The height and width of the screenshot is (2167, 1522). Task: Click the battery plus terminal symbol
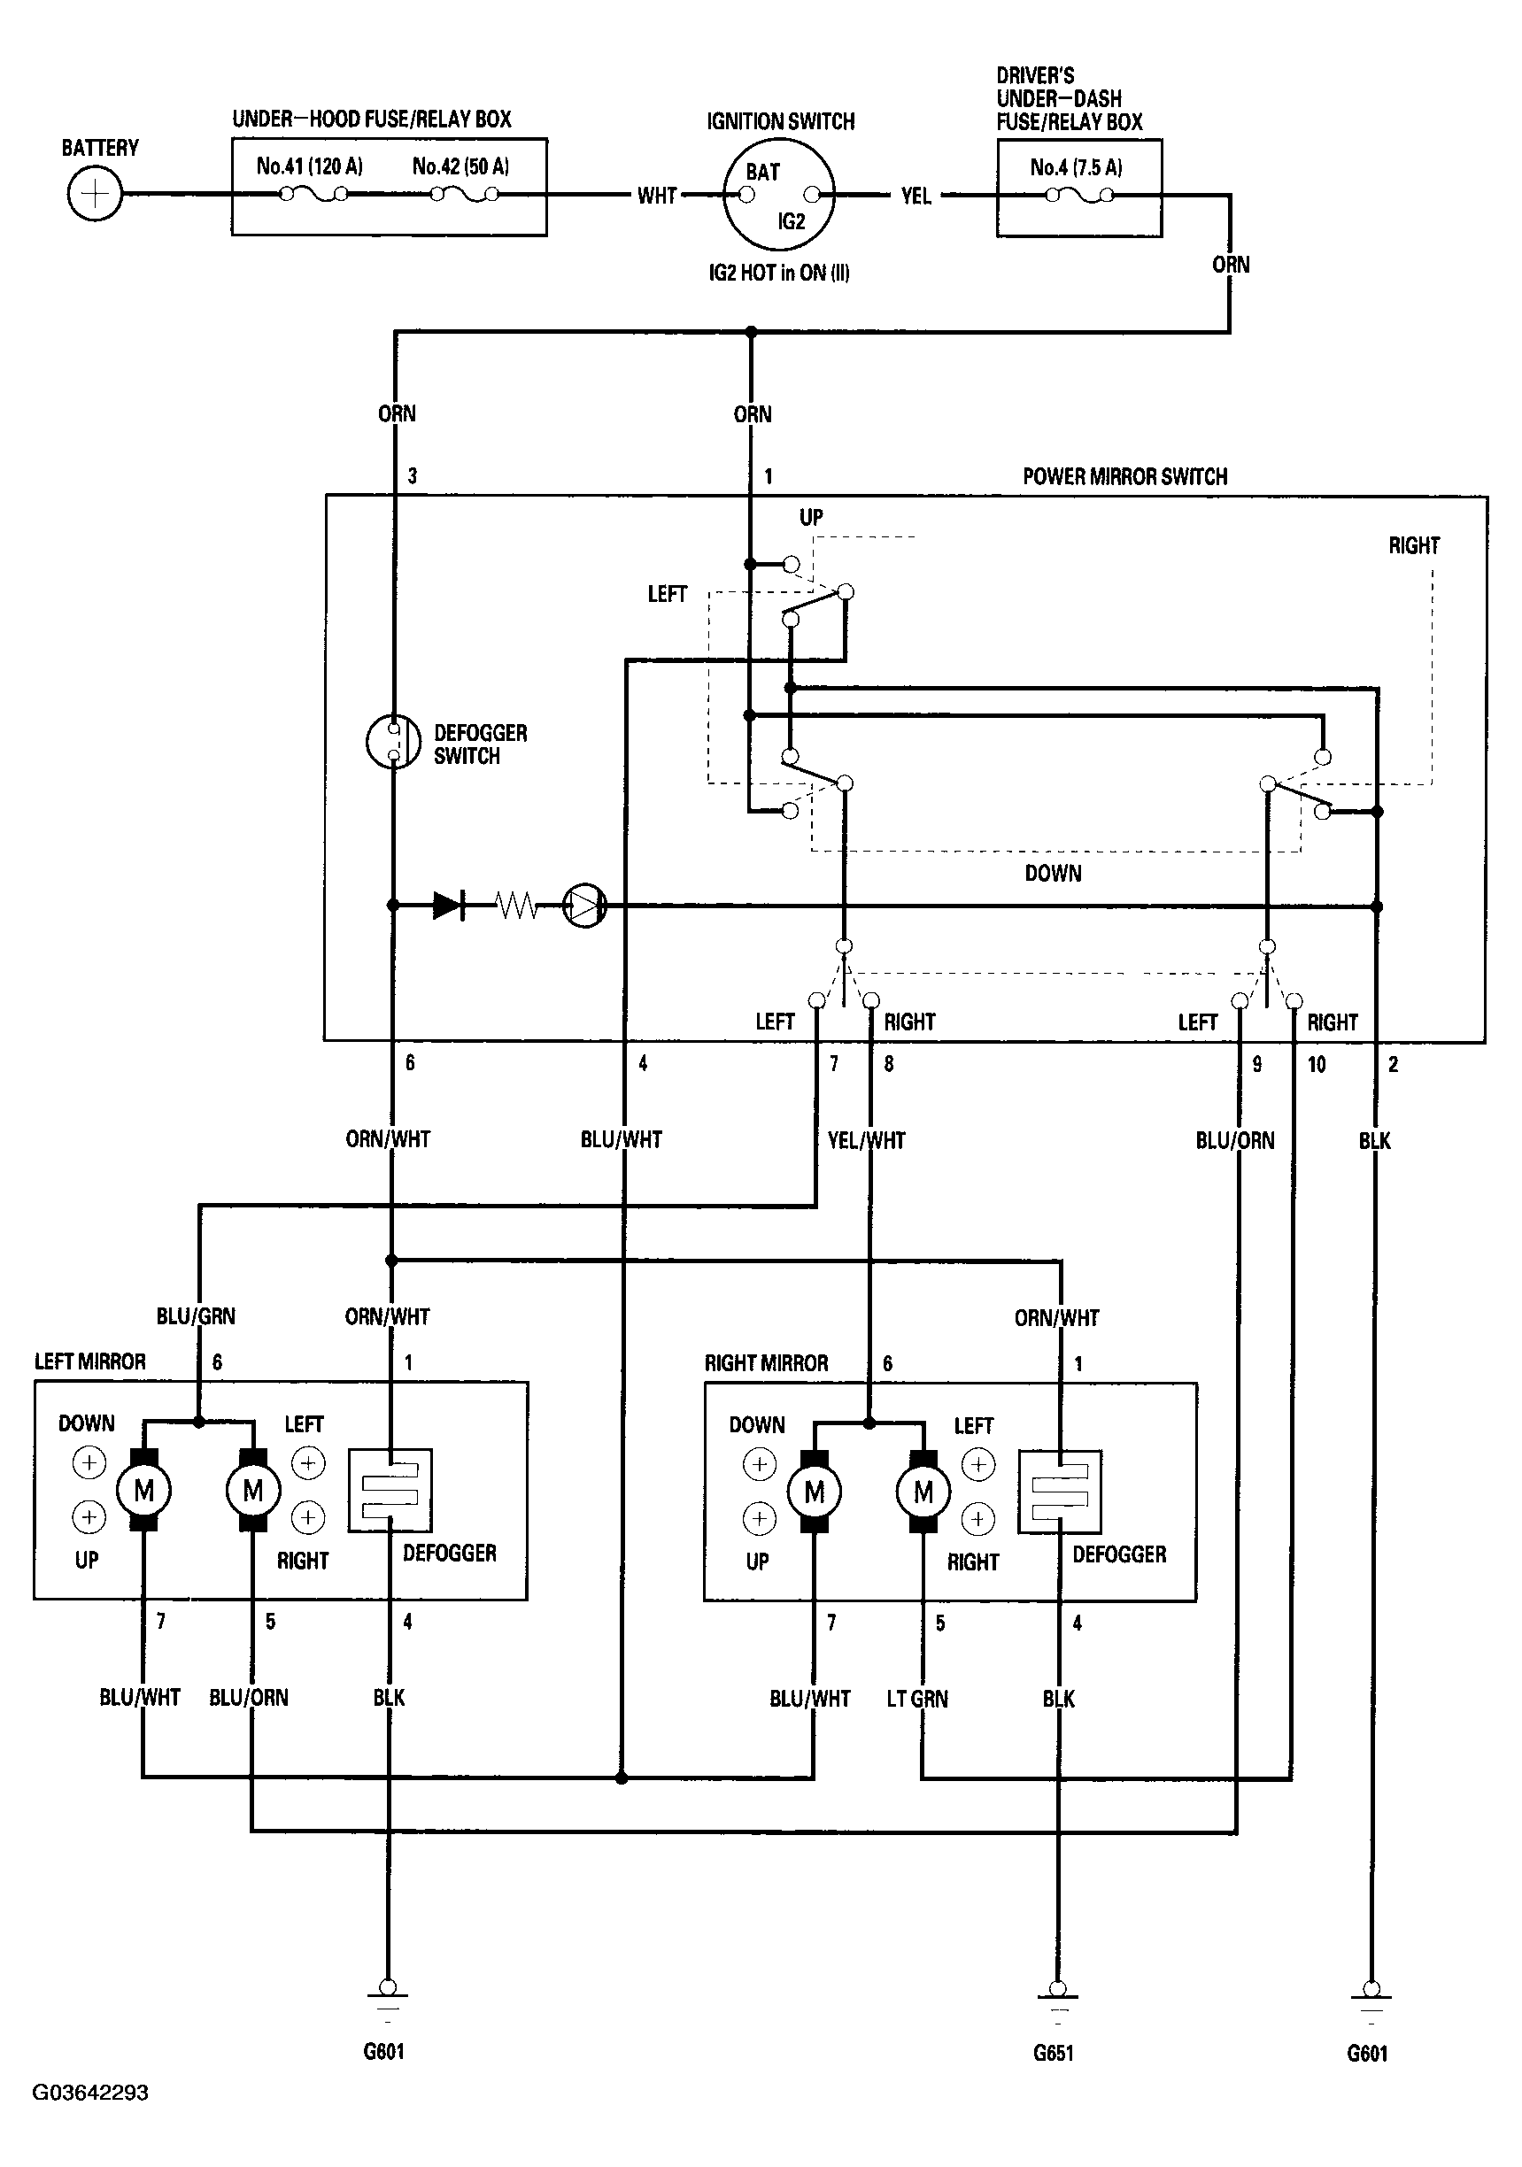coord(96,194)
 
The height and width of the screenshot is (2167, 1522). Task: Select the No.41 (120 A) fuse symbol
coord(313,195)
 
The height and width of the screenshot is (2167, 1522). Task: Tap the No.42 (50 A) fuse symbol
coord(465,195)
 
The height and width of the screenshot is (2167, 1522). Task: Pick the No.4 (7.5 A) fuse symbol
coord(1080,196)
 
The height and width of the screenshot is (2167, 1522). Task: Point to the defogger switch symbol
coord(393,741)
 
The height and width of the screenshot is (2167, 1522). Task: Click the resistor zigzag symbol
coord(516,906)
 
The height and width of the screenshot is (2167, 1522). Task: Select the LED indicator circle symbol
coord(584,906)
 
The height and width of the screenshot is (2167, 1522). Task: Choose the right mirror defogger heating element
coord(1059,1492)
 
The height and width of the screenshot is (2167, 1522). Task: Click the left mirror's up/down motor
coord(143,1491)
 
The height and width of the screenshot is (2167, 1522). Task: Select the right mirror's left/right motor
coord(923,1492)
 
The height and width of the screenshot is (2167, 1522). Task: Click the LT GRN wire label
coord(916,1699)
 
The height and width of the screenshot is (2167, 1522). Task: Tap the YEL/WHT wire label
coord(867,1140)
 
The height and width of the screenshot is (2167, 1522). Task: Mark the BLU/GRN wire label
coord(196,1315)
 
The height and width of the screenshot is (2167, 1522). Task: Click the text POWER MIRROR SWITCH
coord(1125,476)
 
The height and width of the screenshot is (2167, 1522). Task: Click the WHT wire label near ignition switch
coord(657,196)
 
